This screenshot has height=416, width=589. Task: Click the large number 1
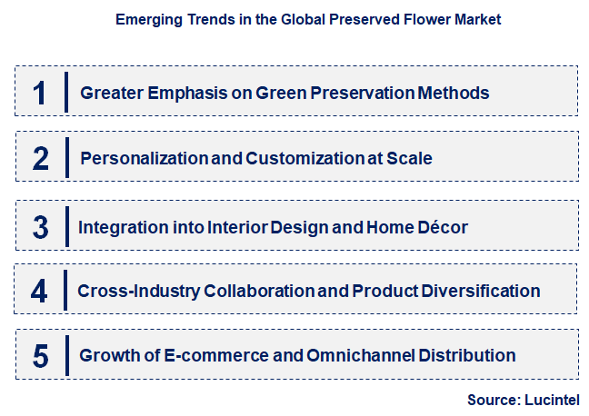(x=39, y=92)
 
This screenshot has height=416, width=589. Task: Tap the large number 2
(x=40, y=158)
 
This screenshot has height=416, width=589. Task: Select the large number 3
(x=40, y=226)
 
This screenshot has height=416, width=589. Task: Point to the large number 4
(x=39, y=291)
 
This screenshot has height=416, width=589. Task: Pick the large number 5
(x=40, y=355)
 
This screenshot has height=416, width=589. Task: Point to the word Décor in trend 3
(x=444, y=227)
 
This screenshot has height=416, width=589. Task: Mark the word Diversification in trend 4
(x=481, y=292)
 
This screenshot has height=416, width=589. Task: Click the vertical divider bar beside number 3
(x=65, y=226)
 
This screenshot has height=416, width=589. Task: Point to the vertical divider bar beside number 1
(x=65, y=92)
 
